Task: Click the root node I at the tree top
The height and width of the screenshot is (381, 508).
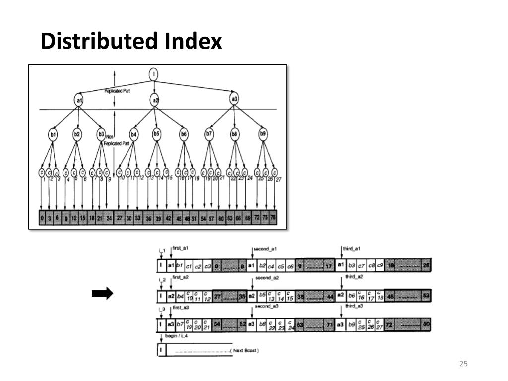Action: point(154,75)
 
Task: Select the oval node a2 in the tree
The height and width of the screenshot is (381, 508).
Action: point(155,101)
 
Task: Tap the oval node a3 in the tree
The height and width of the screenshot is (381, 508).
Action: point(234,99)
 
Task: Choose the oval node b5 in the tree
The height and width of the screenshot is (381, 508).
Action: point(156,133)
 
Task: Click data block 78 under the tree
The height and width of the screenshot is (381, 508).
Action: point(272,218)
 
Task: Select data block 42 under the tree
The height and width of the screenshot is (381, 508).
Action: point(169,218)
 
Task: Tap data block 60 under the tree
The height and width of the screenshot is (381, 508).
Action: point(221,218)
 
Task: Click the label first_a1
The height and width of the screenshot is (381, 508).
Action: point(181,248)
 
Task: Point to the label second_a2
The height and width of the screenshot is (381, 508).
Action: point(267,278)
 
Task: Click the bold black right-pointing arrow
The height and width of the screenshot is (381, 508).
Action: point(102,294)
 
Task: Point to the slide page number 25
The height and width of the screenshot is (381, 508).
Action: point(464,364)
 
